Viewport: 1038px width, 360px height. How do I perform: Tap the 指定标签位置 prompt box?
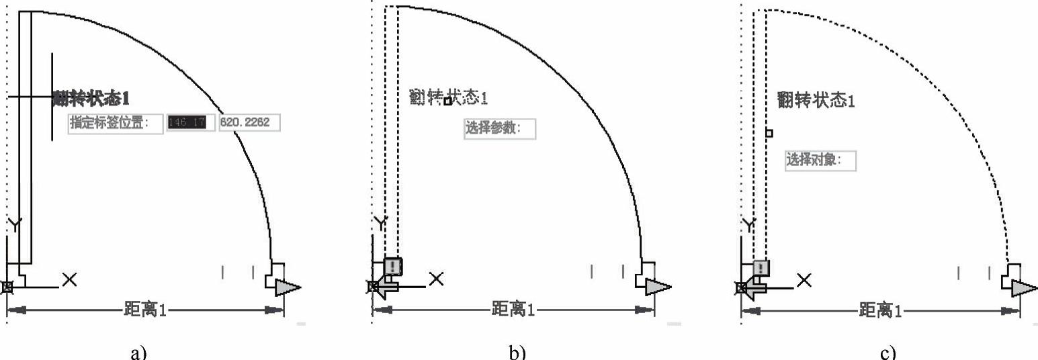point(116,124)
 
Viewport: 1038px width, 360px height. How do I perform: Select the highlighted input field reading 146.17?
point(191,123)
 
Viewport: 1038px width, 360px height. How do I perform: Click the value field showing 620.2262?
point(249,123)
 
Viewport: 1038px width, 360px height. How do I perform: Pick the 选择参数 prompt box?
point(500,128)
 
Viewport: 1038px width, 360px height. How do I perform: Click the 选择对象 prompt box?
point(820,161)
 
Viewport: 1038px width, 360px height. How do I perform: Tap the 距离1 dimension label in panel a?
point(145,310)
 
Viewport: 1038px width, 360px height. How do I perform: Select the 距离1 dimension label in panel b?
point(513,310)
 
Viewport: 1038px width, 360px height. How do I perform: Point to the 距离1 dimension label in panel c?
point(881,310)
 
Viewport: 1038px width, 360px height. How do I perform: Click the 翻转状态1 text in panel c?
point(816,101)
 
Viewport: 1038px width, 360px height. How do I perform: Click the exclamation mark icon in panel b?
point(394,266)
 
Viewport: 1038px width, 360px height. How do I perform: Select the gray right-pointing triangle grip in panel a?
point(287,287)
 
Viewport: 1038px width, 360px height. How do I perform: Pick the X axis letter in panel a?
point(69,279)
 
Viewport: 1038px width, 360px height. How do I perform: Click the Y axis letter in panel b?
point(381,223)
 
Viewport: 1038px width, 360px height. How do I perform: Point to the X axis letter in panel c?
point(804,279)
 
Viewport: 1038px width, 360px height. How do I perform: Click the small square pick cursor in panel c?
point(769,133)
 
